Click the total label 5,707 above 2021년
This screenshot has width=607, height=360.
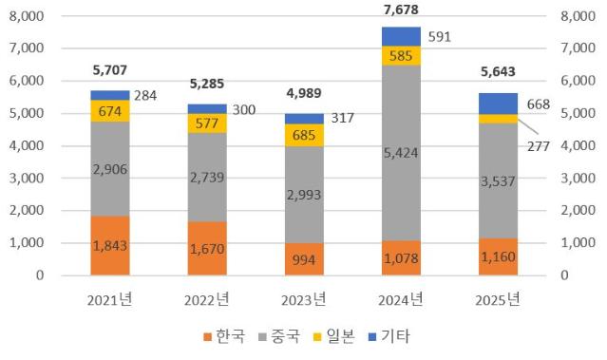(x=110, y=70)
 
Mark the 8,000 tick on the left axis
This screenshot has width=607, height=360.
(x=27, y=16)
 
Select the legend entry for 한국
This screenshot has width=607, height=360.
(x=224, y=336)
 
